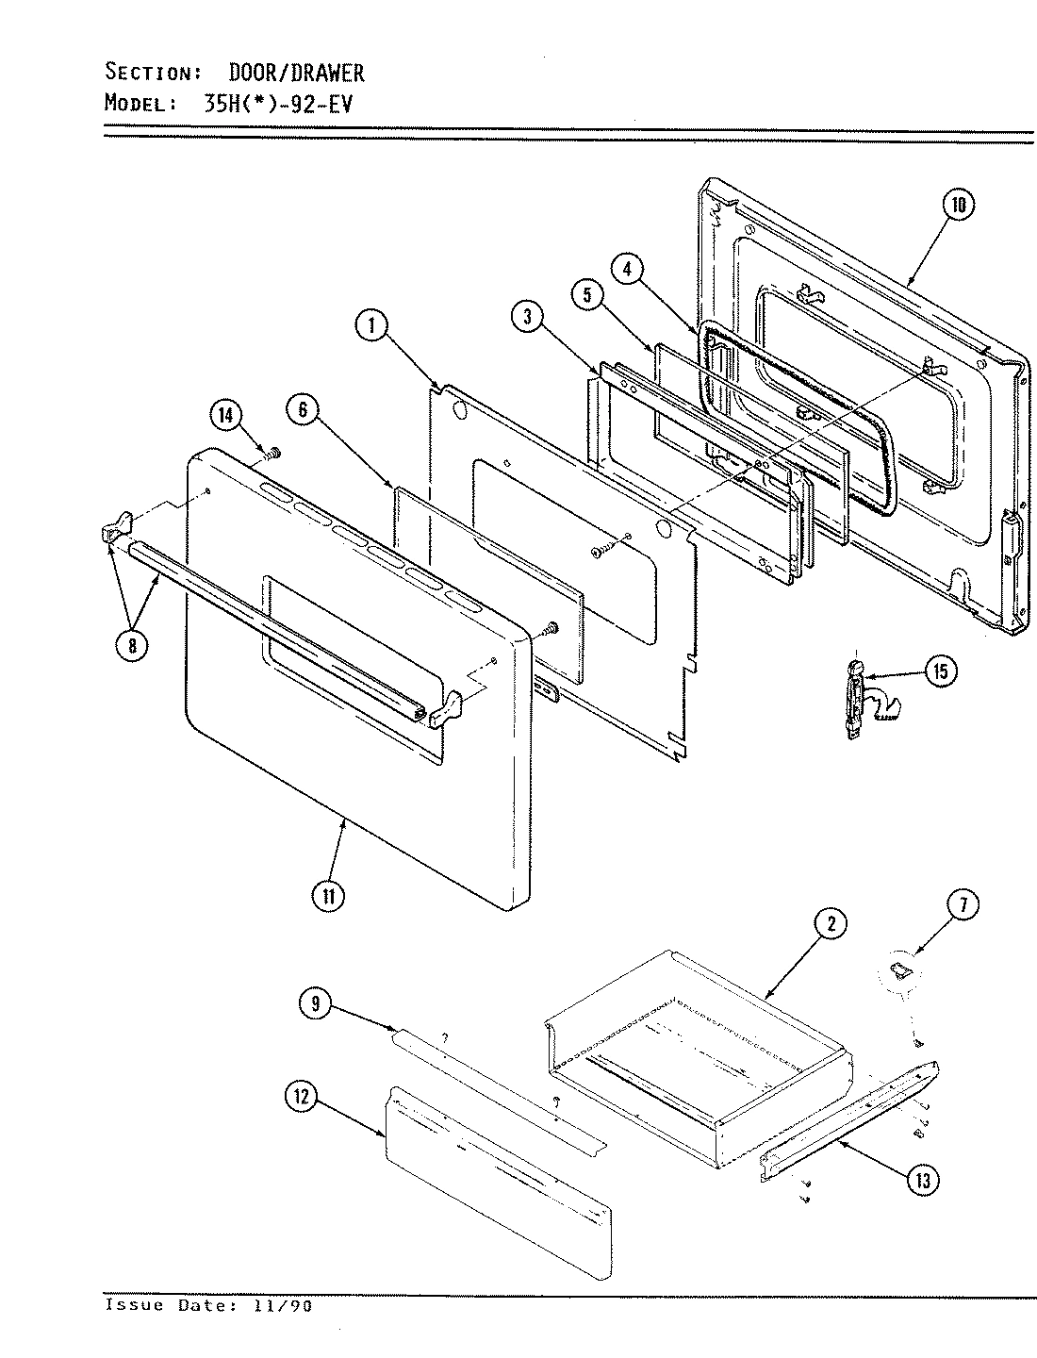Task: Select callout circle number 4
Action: pos(628,269)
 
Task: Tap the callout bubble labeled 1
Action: pos(371,327)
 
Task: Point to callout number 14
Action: pos(227,416)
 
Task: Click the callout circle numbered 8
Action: pos(132,646)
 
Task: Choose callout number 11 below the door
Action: pos(327,896)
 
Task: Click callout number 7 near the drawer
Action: pos(962,906)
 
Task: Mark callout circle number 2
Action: pos(830,925)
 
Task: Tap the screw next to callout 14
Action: pos(272,454)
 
